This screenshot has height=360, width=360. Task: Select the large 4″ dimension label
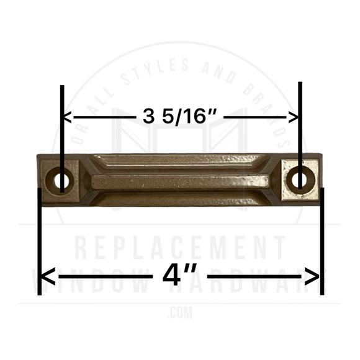(x=180, y=275)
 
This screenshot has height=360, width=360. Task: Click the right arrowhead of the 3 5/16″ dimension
(x=294, y=116)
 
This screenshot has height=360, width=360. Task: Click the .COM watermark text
(x=180, y=310)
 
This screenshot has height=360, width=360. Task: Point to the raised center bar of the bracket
(x=180, y=182)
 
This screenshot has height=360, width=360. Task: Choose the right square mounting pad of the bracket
(x=300, y=179)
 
